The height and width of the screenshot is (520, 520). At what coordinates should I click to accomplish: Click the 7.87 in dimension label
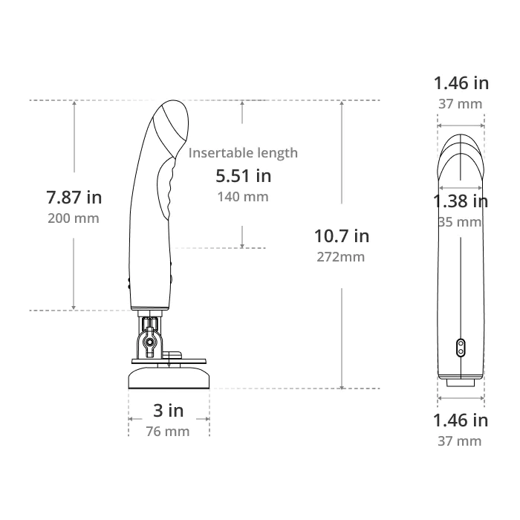(x=74, y=198)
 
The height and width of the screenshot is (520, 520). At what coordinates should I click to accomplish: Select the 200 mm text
(x=74, y=218)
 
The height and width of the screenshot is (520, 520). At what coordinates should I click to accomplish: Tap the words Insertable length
(x=243, y=153)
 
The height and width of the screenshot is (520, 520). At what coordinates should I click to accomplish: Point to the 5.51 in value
(x=244, y=176)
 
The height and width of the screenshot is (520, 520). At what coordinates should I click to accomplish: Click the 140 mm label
(x=243, y=197)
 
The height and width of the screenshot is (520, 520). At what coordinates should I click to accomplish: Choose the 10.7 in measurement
(x=342, y=236)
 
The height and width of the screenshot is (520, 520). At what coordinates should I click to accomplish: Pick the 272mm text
(x=340, y=257)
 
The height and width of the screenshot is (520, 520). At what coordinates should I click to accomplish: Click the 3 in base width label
(x=169, y=411)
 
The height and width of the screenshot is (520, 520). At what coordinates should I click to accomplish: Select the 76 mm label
(x=168, y=432)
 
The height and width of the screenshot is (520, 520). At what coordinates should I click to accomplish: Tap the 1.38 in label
(x=461, y=201)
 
